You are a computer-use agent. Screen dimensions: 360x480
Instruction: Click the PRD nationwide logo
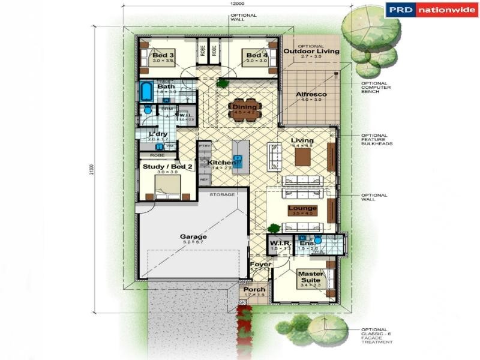432,10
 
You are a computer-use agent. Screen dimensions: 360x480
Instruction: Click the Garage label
193,237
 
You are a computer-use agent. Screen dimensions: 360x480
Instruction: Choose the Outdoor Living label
311,52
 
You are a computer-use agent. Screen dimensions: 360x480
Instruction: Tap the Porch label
254,290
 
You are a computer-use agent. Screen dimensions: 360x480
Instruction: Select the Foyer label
261,264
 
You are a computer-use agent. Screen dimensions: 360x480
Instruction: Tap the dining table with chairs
244,110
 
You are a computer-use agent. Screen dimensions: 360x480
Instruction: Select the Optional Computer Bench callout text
374,88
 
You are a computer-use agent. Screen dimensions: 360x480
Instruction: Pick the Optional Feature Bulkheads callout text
374,139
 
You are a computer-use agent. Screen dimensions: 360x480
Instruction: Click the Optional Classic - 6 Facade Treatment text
377,335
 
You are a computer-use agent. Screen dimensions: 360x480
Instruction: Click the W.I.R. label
280,243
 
